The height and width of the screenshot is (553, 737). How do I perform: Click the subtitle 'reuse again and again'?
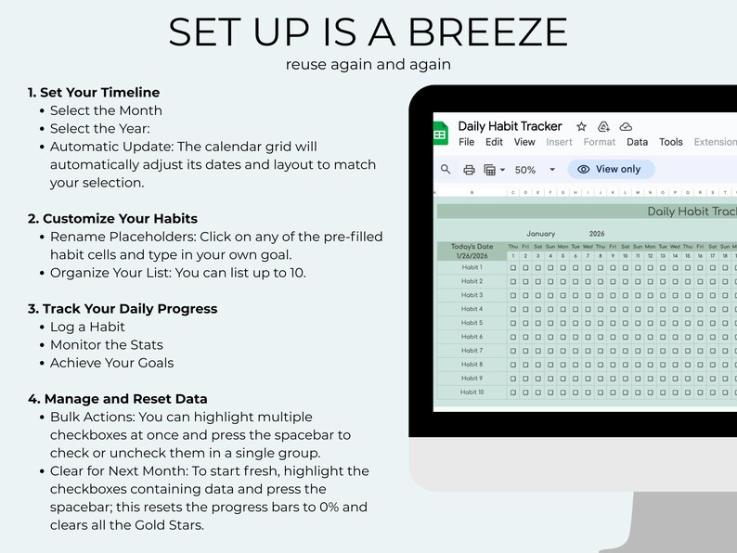point(368,65)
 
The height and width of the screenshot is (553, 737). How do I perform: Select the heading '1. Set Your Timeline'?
point(94,92)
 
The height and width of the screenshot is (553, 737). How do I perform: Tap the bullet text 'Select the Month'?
point(106,110)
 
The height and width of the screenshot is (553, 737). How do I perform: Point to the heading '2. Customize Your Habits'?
point(112,219)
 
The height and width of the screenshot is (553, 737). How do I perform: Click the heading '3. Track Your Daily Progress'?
point(123,308)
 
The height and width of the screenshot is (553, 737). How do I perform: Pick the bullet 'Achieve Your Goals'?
point(111,363)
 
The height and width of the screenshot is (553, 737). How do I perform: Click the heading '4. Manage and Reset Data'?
point(118,399)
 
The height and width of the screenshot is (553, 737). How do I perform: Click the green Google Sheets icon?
point(441,134)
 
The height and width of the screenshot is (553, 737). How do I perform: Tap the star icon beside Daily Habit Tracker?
point(582,126)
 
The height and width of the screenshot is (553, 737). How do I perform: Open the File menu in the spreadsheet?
point(467,142)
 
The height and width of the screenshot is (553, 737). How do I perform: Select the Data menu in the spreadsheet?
point(638,142)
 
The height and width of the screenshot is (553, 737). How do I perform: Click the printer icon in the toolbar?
point(470,170)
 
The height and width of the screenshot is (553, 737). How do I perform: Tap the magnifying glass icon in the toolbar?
point(446,170)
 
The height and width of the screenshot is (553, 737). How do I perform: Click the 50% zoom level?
point(525,170)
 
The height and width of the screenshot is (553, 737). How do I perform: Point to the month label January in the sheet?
point(540,234)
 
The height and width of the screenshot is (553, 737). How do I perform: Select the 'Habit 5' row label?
point(472,323)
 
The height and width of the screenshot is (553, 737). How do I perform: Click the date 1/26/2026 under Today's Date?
point(472,255)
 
